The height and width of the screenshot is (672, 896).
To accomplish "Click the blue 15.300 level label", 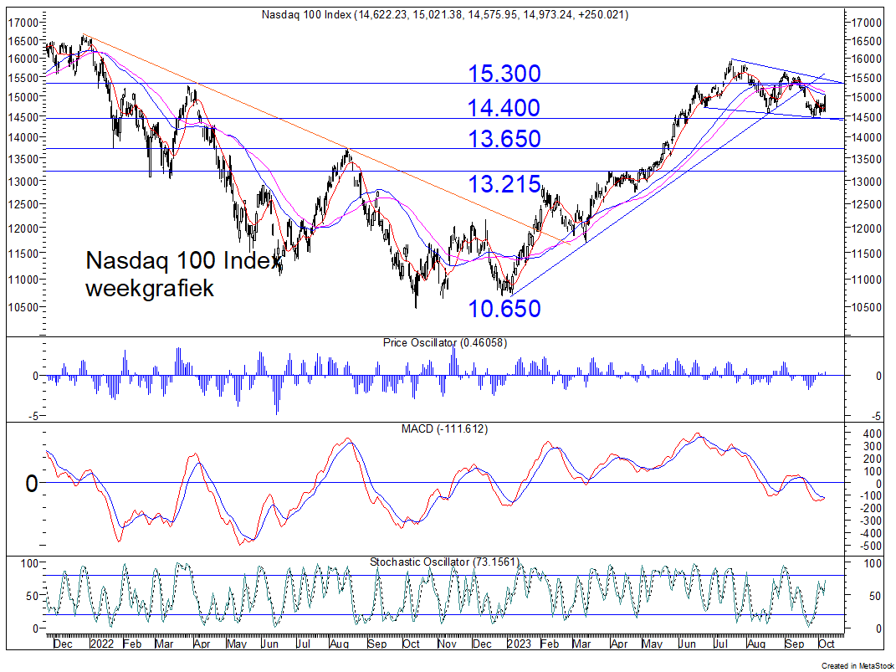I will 504,74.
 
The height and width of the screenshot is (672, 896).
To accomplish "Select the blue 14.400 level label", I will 504,108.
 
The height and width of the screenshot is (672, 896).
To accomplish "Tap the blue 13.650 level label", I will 504,139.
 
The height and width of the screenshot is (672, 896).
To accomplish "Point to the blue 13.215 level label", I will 504,185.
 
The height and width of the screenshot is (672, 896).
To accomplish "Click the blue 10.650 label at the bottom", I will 504,309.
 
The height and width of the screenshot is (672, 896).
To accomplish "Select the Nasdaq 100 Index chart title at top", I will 444,15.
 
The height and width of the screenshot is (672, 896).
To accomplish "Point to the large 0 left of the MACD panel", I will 32,484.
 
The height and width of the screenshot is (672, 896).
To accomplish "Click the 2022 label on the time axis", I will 101,644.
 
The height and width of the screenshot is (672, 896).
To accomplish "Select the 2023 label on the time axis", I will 519,644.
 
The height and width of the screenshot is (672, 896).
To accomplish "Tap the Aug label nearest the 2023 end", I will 755,644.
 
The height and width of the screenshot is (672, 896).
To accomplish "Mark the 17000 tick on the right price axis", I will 868,22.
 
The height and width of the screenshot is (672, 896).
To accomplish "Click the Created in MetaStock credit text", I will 857,665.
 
